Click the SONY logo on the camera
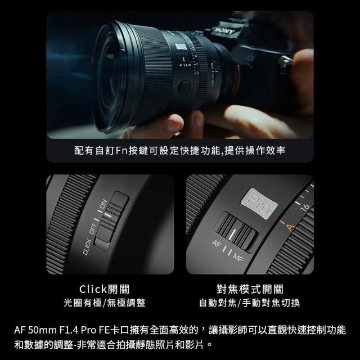(224, 30)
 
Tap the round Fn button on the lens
(184, 88)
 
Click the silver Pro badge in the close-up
(259, 203)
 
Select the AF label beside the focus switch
(216, 244)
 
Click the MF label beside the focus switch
(238, 258)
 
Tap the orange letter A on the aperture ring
(290, 227)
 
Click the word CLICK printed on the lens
(87, 247)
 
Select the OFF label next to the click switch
(93, 228)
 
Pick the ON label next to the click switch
(103, 204)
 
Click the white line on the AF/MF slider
(232, 234)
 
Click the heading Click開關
(105, 289)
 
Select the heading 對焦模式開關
(250, 289)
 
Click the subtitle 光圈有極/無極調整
(105, 303)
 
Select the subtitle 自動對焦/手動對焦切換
(250, 303)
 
